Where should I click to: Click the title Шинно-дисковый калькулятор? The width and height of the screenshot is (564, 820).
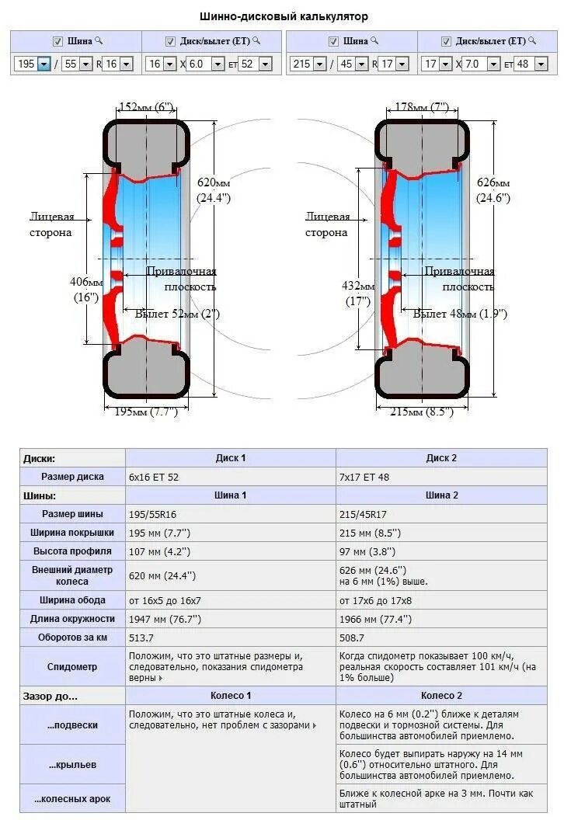(x=284, y=16)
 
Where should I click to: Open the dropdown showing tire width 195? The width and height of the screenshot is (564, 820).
(x=33, y=64)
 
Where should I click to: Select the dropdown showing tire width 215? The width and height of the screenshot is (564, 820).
(x=308, y=64)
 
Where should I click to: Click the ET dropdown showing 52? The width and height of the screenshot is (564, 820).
(x=255, y=64)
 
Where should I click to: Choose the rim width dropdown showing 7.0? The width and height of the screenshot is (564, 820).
(x=481, y=64)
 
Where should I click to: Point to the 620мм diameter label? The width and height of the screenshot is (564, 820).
(x=214, y=189)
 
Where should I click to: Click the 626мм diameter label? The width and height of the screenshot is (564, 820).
(x=493, y=189)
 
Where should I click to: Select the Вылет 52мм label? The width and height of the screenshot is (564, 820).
(x=177, y=314)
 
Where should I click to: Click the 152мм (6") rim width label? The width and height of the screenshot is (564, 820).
(x=147, y=106)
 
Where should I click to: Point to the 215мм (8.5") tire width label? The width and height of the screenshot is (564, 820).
(x=420, y=412)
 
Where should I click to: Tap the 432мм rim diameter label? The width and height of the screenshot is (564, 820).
(x=358, y=292)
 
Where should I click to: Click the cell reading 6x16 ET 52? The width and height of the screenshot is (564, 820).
(x=154, y=477)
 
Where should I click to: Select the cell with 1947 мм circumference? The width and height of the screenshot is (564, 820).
(x=165, y=619)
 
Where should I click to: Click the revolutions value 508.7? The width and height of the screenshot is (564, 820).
(x=352, y=638)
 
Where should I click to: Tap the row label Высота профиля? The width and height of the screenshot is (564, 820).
(x=72, y=551)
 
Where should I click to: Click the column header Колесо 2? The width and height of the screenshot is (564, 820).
(x=441, y=696)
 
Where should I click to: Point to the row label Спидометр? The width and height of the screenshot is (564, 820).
(x=72, y=666)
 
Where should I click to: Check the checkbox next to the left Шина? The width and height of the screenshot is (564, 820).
(x=57, y=41)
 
